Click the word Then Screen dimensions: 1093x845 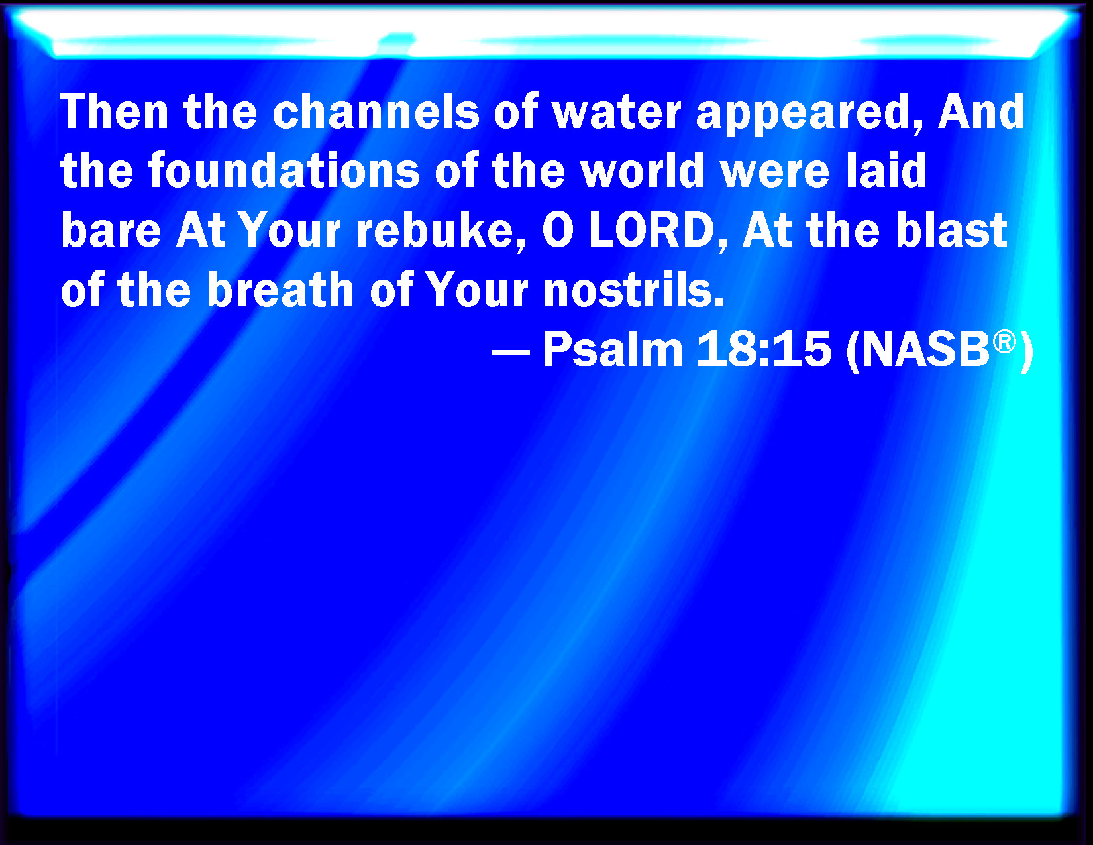[114, 112]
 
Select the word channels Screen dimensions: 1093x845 [376, 112]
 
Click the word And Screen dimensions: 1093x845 [981, 112]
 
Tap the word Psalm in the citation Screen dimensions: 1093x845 [613, 349]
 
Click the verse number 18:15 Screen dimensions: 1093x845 [764, 349]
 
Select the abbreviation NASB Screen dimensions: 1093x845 [925, 349]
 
